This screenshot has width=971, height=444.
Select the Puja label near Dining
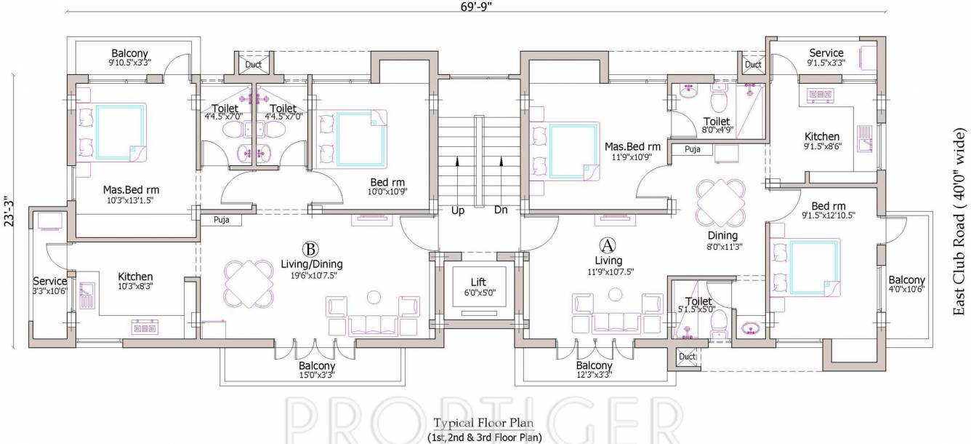[692, 150]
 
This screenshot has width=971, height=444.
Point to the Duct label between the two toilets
[253, 65]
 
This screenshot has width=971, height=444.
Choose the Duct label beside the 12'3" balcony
[686, 357]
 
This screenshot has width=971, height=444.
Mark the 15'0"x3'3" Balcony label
[317, 370]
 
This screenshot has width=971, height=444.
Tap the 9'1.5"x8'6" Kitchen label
[821, 141]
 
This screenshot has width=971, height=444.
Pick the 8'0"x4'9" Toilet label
[717, 126]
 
